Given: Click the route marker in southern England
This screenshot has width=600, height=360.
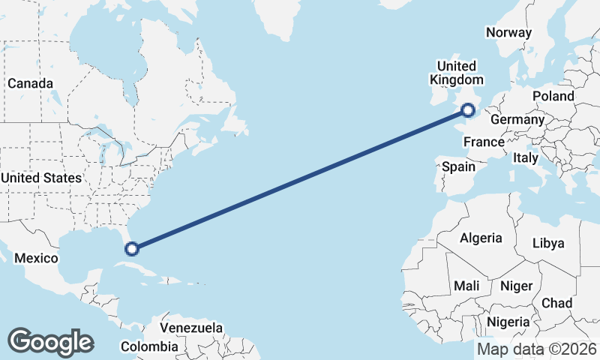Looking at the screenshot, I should pos(468,111).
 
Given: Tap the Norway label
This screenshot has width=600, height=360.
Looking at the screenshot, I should pos(508,32).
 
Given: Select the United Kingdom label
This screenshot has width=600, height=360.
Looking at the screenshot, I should pos(456,73).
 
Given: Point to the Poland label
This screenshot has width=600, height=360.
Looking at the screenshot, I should pos(553,96).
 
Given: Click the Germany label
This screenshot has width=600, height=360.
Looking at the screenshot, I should pos(517,119).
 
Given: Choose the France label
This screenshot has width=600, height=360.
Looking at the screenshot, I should pos(484,142).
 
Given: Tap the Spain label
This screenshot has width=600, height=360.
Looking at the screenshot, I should pos(458,166).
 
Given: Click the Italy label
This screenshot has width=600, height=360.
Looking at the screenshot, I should pos(525,157).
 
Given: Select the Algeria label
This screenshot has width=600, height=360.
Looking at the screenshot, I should pos(481,238).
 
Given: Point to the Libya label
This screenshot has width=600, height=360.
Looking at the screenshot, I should pos(548,244).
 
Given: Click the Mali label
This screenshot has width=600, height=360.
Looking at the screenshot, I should pos(466,286).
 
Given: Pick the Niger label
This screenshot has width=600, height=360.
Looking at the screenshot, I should pos(516,286).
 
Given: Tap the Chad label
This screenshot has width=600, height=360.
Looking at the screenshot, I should pos(557,303).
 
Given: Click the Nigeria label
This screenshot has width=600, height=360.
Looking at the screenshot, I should pos(508,322).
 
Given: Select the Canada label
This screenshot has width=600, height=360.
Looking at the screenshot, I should pos(31,83).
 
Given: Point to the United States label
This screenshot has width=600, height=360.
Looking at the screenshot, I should pos(41,178).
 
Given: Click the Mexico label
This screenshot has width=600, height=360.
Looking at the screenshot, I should pos(37,258).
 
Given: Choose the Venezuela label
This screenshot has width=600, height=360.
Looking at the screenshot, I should pos(192,328).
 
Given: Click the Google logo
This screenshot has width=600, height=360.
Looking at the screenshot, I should pos(50,341).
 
